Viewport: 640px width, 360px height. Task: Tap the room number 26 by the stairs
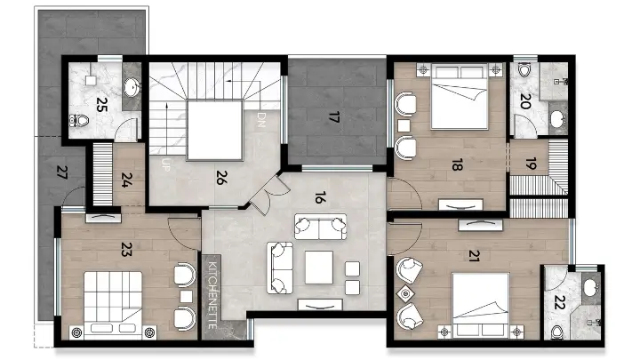coord(220,175)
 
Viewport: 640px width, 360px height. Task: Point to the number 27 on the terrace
coord(60,172)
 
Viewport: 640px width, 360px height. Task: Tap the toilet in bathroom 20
coord(524,70)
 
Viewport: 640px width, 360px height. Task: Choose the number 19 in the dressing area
coord(531,164)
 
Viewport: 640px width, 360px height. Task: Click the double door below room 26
coord(262,194)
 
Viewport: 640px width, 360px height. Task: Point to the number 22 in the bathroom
coord(558,304)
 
